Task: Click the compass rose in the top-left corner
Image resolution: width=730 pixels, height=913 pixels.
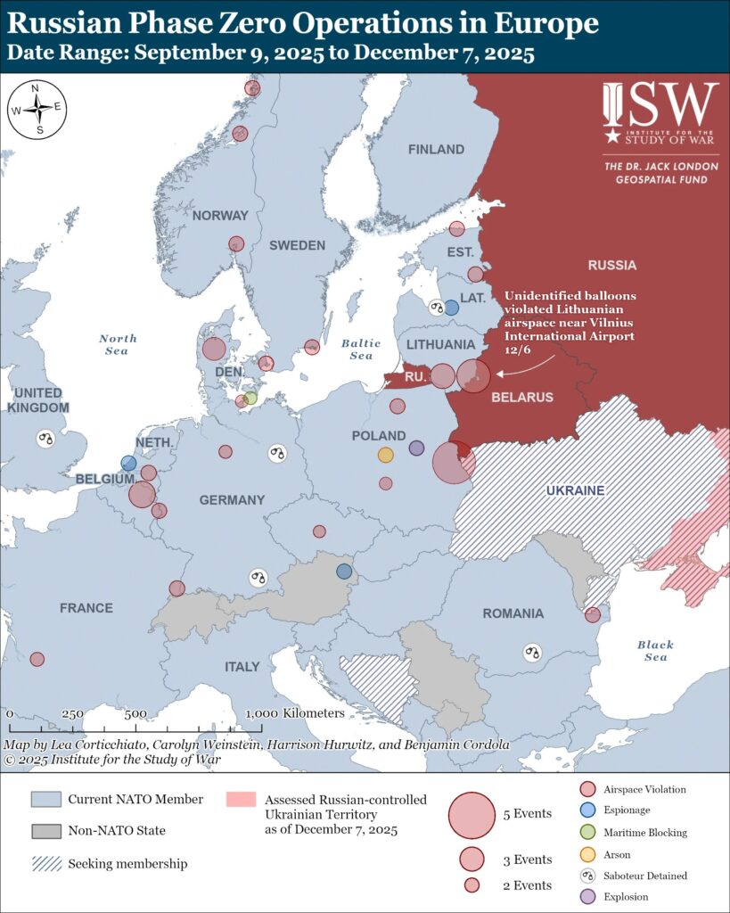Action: [37, 109]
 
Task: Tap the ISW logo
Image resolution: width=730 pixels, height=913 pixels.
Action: [660, 112]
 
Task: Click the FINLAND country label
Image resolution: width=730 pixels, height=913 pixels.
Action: [436, 150]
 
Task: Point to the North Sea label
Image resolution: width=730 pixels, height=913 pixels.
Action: [118, 344]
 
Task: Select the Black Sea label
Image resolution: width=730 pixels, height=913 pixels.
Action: [655, 651]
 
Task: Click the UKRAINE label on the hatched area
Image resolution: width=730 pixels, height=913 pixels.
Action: [575, 491]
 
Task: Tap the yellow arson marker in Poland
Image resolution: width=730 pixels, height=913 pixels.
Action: [385, 455]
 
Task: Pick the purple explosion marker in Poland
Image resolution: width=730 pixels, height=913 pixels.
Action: [416, 448]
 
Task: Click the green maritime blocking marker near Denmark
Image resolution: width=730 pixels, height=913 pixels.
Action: [250, 398]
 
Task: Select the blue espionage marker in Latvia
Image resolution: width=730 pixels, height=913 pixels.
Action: [451, 308]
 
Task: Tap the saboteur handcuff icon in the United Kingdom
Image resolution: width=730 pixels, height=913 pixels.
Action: [45, 438]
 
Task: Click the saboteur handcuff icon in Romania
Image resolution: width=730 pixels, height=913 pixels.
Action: [532, 652]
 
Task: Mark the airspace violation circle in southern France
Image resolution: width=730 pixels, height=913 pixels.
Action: [37, 659]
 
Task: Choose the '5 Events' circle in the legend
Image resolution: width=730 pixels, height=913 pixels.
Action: [472, 814]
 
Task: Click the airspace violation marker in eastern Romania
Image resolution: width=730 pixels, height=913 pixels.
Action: [592, 614]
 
